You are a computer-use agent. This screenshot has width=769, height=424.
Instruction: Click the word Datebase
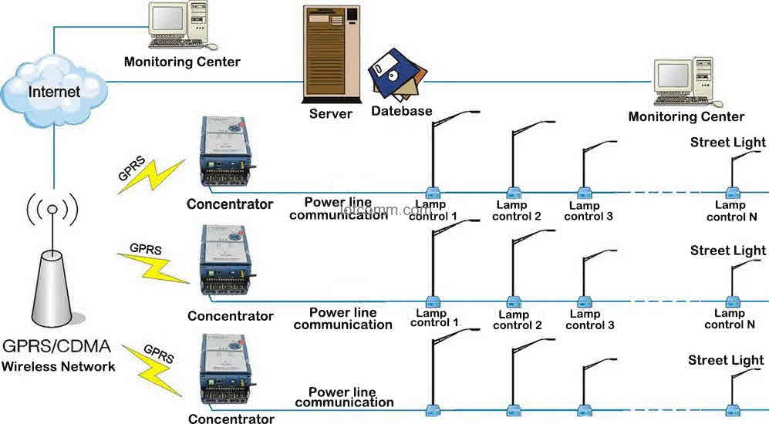(x=402, y=111)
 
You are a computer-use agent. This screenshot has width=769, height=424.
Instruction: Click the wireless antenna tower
(x=52, y=274)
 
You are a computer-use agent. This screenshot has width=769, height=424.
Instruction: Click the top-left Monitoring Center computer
(x=178, y=25)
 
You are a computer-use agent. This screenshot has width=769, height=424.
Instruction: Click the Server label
(x=331, y=114)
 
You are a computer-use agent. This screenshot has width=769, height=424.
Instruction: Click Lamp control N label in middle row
(x=730, y=318)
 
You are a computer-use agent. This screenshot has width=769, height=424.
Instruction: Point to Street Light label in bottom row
(x=726, y=360)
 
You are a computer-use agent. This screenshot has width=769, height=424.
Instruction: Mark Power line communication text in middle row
(x=343, y=318)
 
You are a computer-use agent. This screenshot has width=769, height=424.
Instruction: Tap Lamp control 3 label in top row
(x=589, y=210)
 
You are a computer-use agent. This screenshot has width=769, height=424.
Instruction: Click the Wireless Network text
(x=59, y=366)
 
